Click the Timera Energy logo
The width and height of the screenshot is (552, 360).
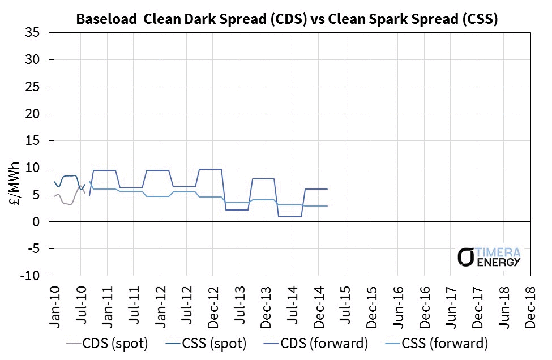(489, 256)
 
